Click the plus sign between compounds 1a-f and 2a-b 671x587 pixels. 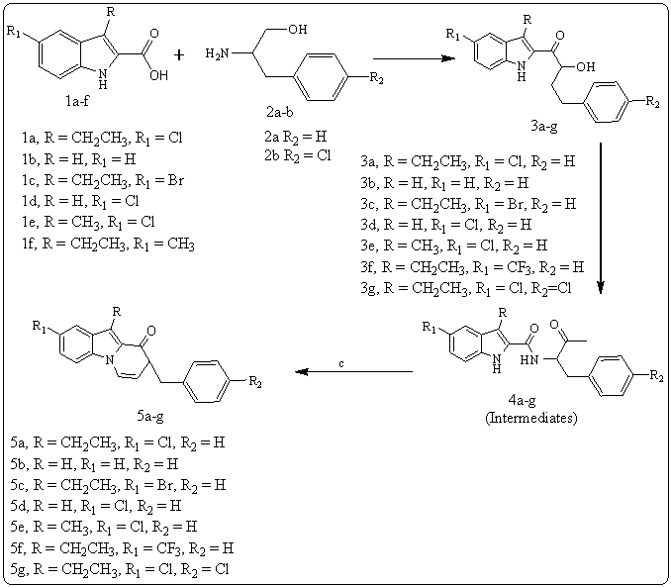pyautogui.click(x=179, y=55)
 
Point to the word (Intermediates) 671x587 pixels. pyautogui.click(x=530, y=418)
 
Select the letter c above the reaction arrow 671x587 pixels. pyautogui.click(x=341, y=363)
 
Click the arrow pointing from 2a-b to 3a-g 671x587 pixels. pyautogui.click(x=408, y=57)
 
